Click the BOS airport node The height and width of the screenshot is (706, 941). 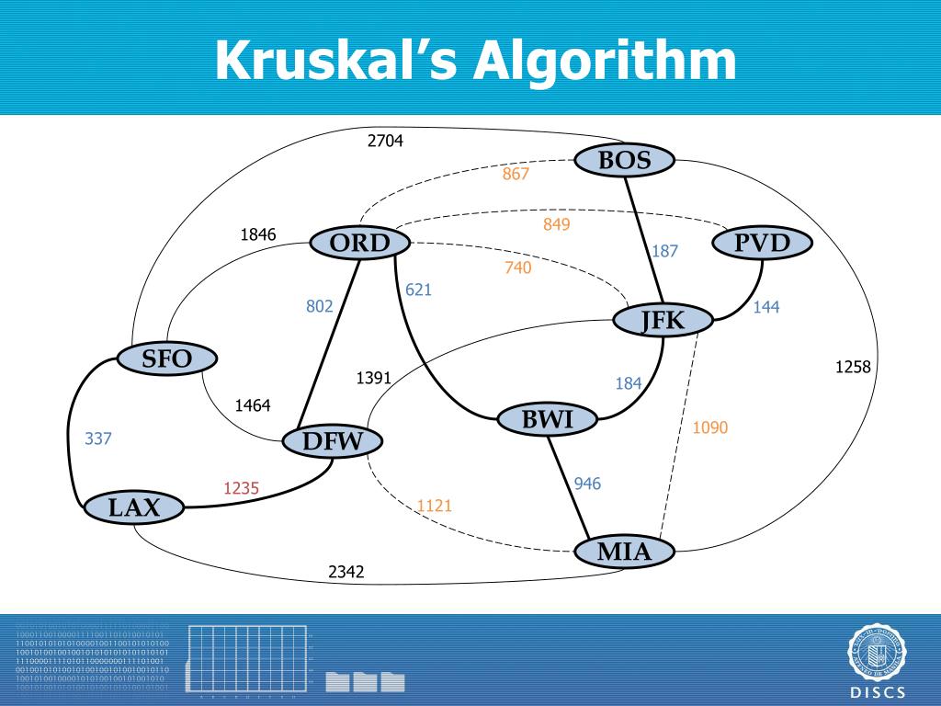click(x=625, y=161)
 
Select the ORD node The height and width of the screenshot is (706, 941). click(x=359, y=244)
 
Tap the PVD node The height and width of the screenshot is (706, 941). click(x=763, y=244)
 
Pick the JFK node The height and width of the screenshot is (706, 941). click(x=663, y=321)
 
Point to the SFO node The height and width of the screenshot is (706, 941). click(x=166, y=359)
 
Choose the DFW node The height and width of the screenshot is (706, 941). click(x=333, y=441)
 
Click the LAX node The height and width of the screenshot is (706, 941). click(x=134, y=507)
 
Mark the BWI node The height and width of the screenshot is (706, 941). click(x=548, y=420)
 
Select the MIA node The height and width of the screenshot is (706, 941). click(x=624, y=552)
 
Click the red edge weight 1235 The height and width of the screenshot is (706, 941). click(x=241, y=489)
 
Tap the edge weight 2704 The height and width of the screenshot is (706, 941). click(x=385, y=141)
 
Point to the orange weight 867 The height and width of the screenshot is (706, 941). click(x=516, y=174)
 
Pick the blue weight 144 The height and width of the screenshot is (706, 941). click(x=766, y=307)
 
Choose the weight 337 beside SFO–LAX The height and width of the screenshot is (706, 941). click(x=98, y=438)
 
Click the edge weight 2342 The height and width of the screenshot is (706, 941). click(x=346, y=572)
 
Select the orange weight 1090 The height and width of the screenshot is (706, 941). click(x=710, y=427)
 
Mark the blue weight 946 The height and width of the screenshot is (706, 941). click(x=588, y=484)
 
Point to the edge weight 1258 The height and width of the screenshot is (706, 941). click(x=852, y=368)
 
